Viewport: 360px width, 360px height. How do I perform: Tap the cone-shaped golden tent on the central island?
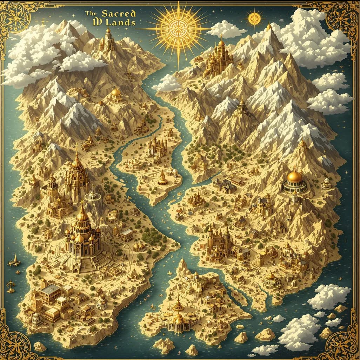click(x=162, y=178)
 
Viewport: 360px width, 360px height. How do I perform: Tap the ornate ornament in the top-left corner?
click(x=16, y=16)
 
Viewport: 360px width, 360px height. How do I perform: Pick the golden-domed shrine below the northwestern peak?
click(x=116, y=94)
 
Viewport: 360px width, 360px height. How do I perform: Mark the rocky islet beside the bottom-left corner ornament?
click(x=40, y=346)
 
